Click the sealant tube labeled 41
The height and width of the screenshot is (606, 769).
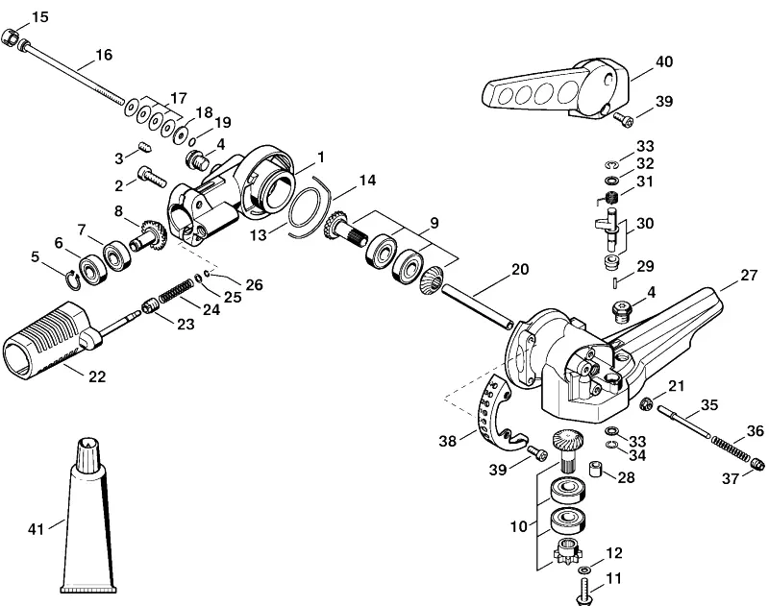88,515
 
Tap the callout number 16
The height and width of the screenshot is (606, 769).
104,55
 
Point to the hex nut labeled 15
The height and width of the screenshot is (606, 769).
10,37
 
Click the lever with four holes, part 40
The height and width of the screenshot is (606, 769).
557,91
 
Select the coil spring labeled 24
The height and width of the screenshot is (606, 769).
175,290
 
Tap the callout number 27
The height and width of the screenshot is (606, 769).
749,276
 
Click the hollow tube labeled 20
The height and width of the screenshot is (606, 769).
477,307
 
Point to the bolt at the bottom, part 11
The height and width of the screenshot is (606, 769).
584,592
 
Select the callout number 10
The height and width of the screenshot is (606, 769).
518,527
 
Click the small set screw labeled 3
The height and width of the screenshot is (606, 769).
144,145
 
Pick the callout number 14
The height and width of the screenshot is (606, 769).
367,181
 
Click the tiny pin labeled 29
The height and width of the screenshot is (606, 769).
615,282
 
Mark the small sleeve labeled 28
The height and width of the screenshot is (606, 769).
595,468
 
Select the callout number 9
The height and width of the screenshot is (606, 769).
434,224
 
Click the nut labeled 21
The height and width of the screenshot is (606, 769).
646,403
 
